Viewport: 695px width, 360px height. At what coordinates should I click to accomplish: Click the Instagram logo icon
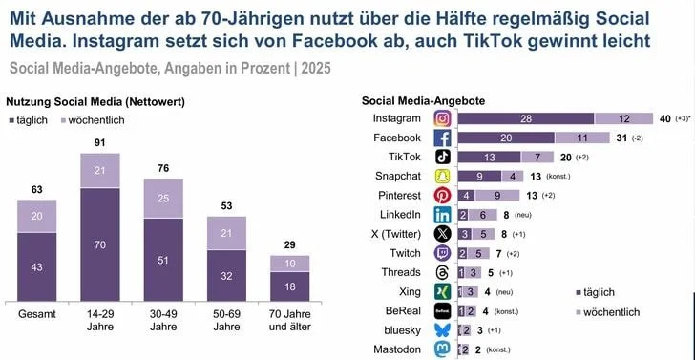443,118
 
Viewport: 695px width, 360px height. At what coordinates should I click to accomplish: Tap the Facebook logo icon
443,138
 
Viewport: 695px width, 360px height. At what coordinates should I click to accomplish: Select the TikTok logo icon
443,158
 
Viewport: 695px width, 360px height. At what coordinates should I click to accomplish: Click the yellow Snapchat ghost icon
443,177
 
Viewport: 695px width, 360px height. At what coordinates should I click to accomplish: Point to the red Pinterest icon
443,196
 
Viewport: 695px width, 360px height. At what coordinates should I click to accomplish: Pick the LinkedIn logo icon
443,215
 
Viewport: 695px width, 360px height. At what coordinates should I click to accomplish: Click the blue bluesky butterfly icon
443,330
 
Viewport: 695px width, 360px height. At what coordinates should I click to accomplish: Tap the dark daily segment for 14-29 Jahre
100,244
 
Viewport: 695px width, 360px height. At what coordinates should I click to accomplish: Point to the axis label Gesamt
36,313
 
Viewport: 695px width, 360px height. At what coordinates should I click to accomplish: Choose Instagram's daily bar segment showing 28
525,118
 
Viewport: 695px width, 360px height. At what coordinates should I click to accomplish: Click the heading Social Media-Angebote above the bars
423,100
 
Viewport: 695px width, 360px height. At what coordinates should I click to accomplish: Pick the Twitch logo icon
443,253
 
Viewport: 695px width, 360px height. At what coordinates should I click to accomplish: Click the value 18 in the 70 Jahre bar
290,286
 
